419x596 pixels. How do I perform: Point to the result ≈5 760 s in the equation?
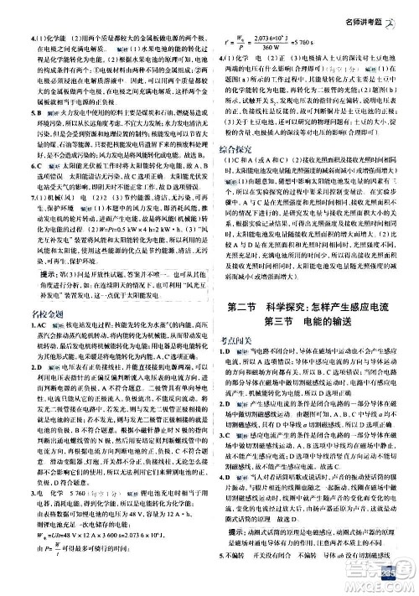314,41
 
